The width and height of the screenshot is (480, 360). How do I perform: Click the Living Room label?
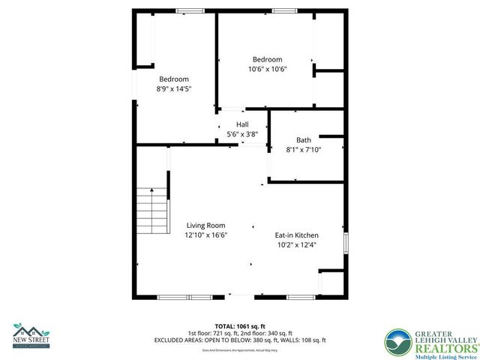pyautogui.click(x=205, y=225)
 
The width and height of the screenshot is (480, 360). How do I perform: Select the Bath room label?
pyautogui.click(x=303, y=139)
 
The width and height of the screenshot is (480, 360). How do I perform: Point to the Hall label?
pyautogui.click(x=242, y=124)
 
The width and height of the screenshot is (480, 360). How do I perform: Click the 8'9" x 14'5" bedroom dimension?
pyautogui.click(x=173, y=88)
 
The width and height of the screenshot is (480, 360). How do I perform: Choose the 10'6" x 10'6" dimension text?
pyautogui.click(x=267, y=69)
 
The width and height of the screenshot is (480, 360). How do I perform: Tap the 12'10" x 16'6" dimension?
pyautogui.click(x=205, y=235)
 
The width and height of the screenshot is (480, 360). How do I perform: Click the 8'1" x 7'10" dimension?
pyautogui.click(x=303, y=149)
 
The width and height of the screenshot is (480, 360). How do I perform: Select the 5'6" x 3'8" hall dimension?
pyautogui.click(x=242, y=134)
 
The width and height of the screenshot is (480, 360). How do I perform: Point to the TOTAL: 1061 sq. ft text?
pyautogui.click(x=239, y=326)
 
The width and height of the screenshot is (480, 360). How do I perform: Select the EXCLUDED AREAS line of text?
pyautogui.click(x=239, y=340)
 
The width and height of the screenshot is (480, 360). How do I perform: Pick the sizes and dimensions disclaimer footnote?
pyautogui.click(x=239, y=349)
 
